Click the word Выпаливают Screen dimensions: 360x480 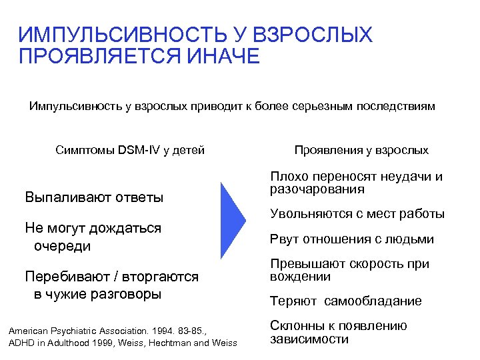point(63,197)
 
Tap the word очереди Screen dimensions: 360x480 point(62,246)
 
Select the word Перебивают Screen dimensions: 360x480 point(60,277)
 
